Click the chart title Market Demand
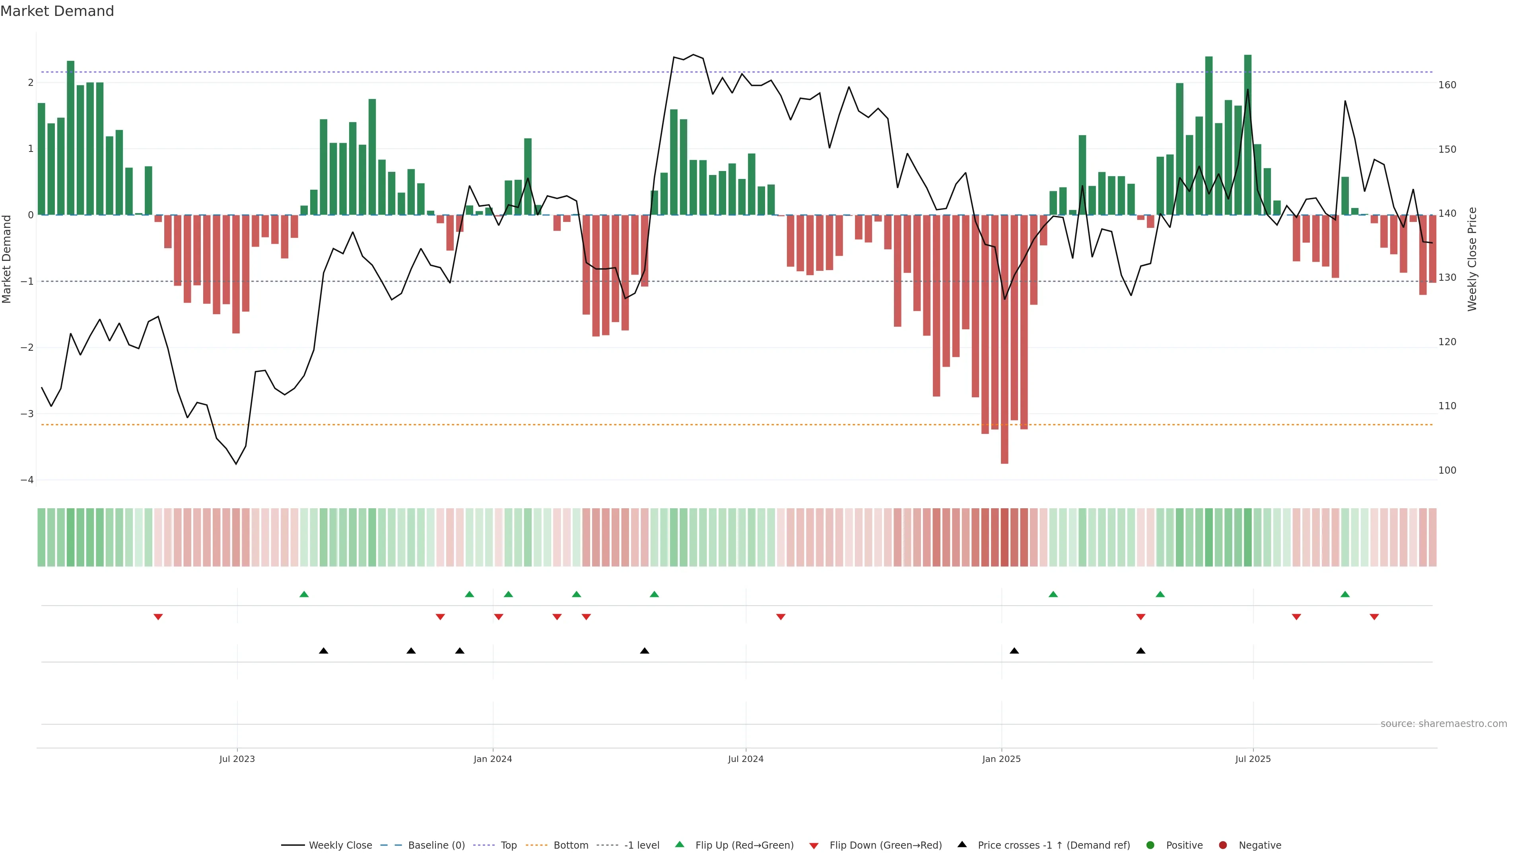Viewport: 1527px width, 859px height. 57,11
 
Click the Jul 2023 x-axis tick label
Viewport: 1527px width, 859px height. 237,759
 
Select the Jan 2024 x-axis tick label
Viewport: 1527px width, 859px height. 493,759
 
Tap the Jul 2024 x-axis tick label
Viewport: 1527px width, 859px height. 745,759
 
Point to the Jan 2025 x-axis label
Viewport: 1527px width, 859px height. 1001,759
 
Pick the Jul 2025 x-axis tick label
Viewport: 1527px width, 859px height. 1253,759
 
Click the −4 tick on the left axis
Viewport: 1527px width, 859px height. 27,480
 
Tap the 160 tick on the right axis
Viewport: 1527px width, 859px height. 1447,85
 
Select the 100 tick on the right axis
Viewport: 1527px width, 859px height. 1447,470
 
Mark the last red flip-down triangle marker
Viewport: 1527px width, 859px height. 1374,617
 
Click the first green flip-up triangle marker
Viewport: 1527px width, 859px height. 304,594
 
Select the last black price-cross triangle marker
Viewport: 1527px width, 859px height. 1140,651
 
